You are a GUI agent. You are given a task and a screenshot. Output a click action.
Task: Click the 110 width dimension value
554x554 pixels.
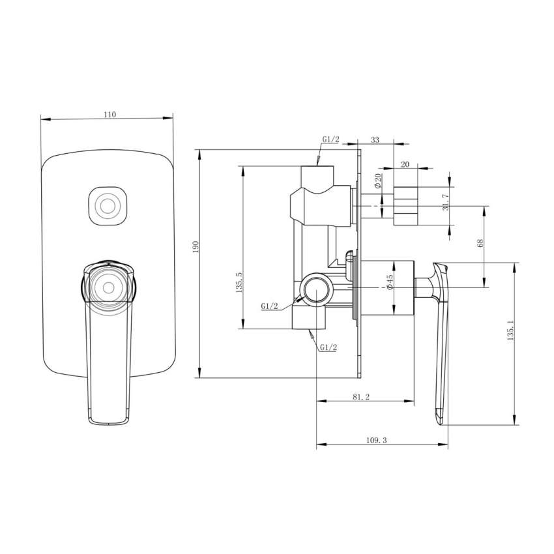point(109,114)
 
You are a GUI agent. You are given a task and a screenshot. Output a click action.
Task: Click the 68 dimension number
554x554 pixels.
point(480,242)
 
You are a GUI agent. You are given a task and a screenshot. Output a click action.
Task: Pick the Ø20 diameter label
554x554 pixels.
point(377,181)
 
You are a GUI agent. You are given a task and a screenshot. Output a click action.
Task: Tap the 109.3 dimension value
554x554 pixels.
point(377,441)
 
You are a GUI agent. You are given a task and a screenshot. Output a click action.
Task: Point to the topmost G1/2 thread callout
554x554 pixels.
point(331,140)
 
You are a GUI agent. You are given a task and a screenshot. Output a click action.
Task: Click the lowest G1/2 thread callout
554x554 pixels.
point(328,347)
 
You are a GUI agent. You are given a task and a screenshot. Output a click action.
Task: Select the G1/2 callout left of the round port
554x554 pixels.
point(270,306)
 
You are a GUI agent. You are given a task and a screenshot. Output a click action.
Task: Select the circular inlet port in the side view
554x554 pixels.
point(315,288)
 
